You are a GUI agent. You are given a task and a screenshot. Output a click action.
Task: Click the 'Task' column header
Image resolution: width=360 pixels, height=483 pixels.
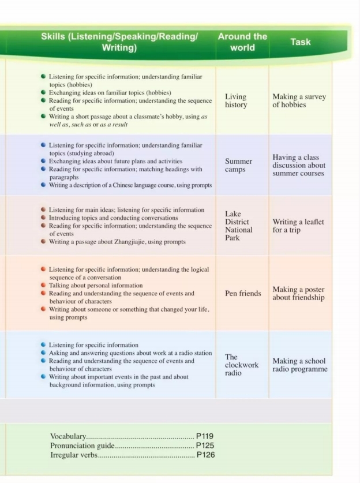(300, 42)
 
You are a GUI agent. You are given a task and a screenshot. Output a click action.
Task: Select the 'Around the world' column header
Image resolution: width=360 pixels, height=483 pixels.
(242, 42)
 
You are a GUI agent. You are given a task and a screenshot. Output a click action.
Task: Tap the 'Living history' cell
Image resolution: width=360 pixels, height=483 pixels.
(235, 101)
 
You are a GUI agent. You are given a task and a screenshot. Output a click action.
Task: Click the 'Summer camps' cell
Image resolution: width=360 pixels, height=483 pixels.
(238, 166)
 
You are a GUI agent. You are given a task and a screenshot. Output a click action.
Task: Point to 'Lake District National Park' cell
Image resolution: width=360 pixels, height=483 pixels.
(238, 226)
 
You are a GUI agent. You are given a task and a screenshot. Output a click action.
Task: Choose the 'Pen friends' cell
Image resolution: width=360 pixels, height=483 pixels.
(243, 293)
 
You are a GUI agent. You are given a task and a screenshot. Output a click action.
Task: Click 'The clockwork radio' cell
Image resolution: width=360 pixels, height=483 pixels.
(242, 365)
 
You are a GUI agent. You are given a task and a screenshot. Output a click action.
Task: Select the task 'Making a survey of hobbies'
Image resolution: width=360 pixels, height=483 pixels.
(299, 101)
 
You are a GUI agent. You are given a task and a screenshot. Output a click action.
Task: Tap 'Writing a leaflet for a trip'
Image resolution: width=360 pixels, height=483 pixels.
(298, 226)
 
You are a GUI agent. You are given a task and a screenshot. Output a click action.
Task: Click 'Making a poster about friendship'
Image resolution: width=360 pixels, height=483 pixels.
(298, 293)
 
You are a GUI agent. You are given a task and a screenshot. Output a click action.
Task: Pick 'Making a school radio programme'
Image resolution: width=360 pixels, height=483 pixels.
(299, 365)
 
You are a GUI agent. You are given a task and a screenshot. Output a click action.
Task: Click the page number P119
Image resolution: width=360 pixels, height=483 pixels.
(205, 436)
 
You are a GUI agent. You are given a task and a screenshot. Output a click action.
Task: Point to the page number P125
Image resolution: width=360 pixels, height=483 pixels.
(205, 445)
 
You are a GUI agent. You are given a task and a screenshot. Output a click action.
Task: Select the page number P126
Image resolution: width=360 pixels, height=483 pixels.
(205, 455)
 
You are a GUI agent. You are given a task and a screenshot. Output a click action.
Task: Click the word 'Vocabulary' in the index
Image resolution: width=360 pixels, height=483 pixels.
(68, 436)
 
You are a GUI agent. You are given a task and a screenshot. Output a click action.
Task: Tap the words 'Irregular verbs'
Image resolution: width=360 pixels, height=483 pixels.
(74, 455)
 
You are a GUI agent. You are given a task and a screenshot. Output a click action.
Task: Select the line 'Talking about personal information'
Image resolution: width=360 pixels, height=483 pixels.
(96, 285)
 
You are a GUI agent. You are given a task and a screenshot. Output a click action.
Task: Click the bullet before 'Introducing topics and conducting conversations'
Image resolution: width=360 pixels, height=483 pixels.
(44, 218)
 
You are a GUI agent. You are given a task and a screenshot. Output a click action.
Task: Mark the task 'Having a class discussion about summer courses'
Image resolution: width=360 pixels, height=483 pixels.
(299, 165)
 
